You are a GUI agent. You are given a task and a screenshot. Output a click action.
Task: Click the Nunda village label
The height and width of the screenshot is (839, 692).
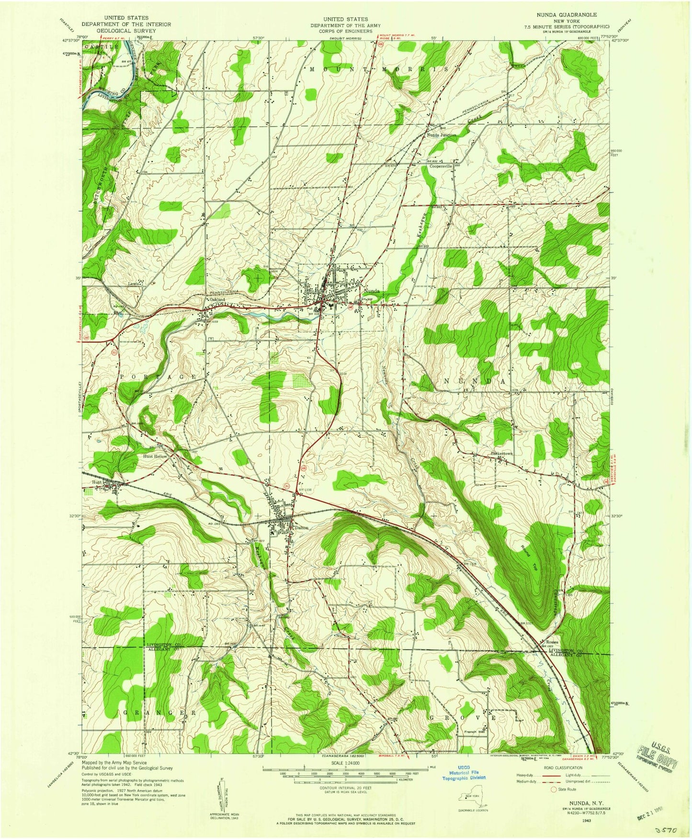[371, 291]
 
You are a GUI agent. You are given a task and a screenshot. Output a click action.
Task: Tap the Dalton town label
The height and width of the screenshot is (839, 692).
[302, 527]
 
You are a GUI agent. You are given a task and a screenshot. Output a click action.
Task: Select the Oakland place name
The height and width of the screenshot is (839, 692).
[216, 300]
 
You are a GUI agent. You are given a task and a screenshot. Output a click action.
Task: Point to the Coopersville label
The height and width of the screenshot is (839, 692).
[441, 167]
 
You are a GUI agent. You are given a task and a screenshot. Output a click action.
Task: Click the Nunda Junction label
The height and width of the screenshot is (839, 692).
[442, 135]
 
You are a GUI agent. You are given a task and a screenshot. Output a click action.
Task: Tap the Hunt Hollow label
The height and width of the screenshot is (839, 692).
[155, 457]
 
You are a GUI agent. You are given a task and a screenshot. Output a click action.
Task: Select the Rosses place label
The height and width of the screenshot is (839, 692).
[551, 642]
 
